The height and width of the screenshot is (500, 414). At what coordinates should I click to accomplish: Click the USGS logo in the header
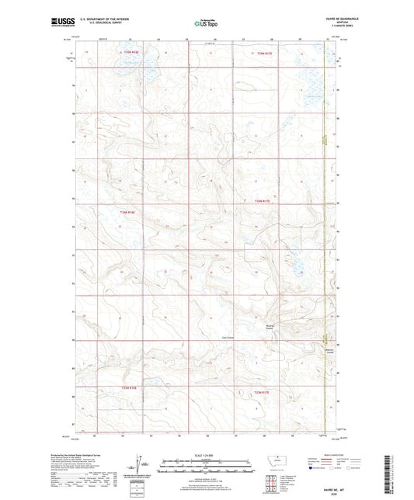(x=61, y=24)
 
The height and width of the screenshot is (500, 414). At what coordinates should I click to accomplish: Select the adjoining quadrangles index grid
(x=270, y=482)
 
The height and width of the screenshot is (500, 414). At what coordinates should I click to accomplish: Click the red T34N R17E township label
(x=262, y=200)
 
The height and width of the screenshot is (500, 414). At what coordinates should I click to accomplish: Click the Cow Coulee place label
(x=229, y=336)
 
